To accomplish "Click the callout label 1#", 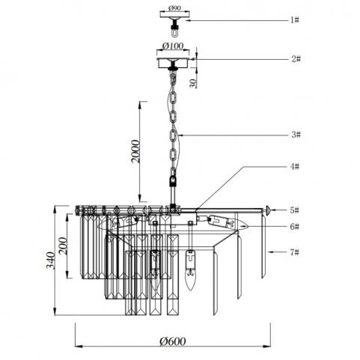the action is click(295, 20).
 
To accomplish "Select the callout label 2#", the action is click(296, 59).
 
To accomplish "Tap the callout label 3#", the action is click(296, 135).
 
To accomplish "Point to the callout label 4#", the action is click(295, 166).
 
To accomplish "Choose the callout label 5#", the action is click(295, 210).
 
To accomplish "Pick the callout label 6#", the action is click(295, 227).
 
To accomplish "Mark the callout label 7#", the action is click(295, 252).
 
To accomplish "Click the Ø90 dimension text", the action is click(174, 8).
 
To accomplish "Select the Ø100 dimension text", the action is click(173, 46).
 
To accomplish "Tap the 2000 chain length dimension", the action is click(135, 151).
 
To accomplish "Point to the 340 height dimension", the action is click(51, 260).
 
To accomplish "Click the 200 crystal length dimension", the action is click(63, 245).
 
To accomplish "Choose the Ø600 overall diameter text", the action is click(173, 341).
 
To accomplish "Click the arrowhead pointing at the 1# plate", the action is click(189, 20).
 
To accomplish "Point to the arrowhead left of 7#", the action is click(271, 252).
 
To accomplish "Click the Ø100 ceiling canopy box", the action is click(173, 63).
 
